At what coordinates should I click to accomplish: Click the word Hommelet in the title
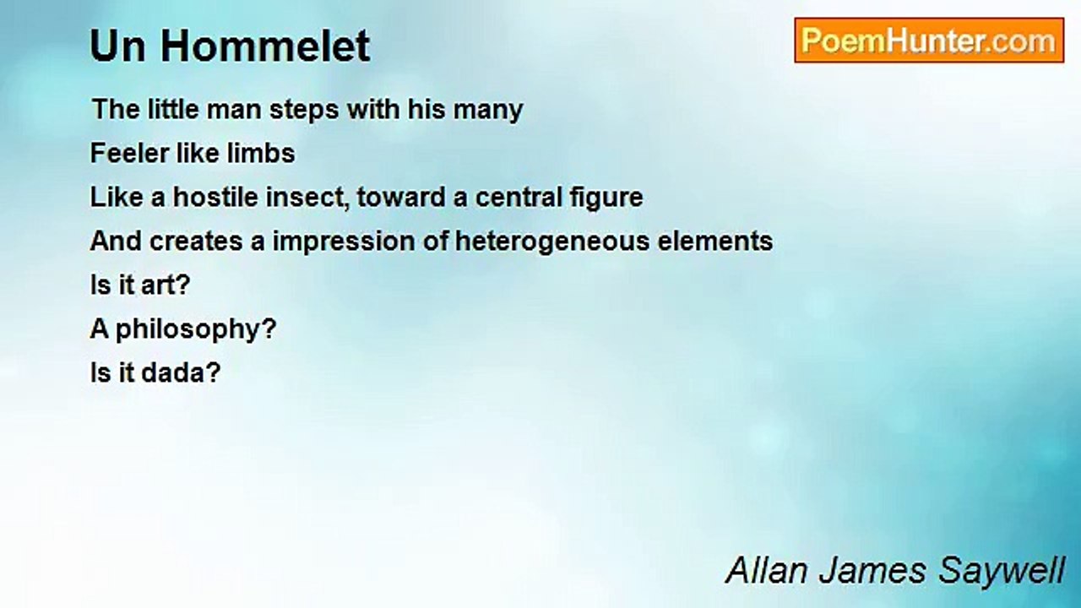[x=265, y=46]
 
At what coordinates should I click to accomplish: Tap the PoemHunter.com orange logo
[x=929, y=41]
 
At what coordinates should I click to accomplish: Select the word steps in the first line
[x=304, y=110]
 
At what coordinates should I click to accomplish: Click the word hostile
[x=215, y=198]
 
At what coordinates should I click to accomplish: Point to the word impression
[x=344, y=242]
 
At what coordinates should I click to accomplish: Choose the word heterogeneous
[x=552, y=242]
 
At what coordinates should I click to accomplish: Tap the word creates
[x=196, y=242]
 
